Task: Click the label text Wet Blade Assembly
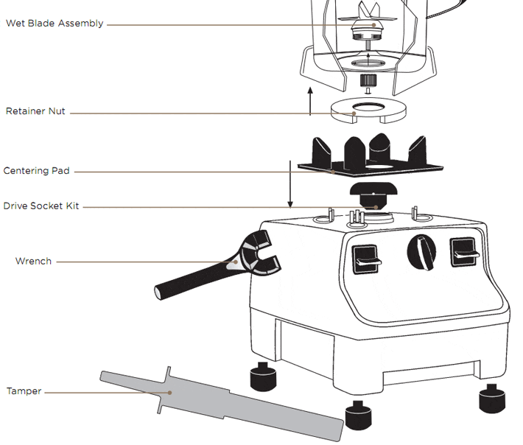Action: [x=55, y=24]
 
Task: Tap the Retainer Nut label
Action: [x=35, y=111]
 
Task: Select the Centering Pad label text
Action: [x=36, y=171]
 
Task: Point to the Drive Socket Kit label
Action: [x=41, y=206]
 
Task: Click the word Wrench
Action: [x=33, y=261]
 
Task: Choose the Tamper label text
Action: [x=24, y=391]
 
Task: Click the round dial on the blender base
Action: [x=421, y=253]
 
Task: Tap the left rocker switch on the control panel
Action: [x=365, y=259]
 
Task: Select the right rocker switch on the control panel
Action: [x=463, y=253]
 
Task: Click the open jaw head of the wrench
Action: [x=260, y=253]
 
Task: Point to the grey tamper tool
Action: [x=222, y=404]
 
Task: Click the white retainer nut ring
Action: [x=368, y=111]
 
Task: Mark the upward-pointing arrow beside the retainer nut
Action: [x=310, y=102]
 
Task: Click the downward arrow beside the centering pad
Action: [x=290, y=184]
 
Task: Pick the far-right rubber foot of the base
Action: [x=492, y=399]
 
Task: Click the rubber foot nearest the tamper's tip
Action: [x=358, y=416]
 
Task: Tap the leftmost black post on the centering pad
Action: [x=321, y=152]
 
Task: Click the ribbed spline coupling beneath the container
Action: [x=368, y=80]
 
